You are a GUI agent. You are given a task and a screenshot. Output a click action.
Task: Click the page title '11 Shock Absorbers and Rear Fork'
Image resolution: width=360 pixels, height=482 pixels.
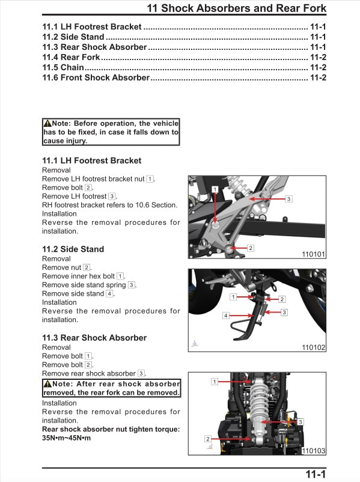pos(237,8)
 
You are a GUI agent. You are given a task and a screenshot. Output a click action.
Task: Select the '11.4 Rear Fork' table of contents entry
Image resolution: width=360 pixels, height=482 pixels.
pos(71,57)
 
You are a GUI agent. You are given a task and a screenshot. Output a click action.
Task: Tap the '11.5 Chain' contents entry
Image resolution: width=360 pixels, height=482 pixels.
pos(63,67)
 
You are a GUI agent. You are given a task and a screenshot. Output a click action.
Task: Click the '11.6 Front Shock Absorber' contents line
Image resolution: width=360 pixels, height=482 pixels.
pos(96,78)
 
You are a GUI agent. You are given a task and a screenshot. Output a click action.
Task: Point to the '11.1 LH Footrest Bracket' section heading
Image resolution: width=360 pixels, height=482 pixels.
pos(92,160)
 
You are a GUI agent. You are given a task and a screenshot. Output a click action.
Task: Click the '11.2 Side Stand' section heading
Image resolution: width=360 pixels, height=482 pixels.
pos(73,249)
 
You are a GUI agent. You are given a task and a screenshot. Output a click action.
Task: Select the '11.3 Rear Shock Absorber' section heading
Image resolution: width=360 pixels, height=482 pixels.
pos(94,338)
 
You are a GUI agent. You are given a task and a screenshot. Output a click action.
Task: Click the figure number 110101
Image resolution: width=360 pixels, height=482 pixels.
pos(313,254)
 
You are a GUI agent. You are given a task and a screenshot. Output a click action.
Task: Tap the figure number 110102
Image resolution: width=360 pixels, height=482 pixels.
pos(313,347)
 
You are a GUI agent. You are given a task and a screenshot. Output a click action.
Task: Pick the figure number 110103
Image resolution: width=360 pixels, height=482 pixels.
pos(313,451)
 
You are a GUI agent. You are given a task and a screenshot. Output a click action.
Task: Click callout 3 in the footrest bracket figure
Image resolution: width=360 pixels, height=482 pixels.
pos(288,199)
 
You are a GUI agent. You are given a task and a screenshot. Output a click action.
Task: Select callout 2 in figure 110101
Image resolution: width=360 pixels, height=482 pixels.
pos(251,248)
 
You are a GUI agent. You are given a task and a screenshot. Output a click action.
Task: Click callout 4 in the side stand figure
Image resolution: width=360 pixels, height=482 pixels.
pos(226,315)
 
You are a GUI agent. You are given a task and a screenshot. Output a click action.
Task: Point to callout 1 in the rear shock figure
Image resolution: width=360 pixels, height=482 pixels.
pos(215,382)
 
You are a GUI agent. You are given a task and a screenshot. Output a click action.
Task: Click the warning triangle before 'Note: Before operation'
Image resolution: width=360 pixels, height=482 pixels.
pos(47,123)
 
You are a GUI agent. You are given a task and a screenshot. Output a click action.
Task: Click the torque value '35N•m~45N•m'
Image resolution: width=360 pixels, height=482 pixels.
pos(67,438)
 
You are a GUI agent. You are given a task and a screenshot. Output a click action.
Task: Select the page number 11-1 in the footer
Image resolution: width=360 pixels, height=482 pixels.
pos(315,475)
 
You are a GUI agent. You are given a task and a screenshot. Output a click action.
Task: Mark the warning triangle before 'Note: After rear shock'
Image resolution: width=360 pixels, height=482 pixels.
pos(47,384)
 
